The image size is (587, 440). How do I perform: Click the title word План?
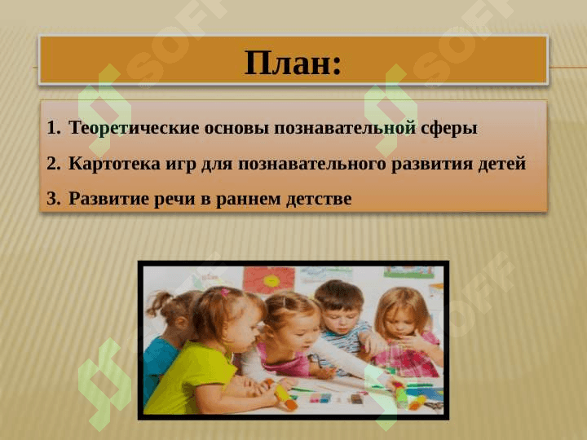click(293, 63)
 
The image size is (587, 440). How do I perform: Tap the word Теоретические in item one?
click(121, 128)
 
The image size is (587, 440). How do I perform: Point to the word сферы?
click(449, 128)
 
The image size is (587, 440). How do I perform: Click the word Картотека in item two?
click(111, 164)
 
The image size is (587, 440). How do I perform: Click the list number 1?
click(53, 128)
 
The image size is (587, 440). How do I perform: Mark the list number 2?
click(53, 164)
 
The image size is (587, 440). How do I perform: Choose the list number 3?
click(53, 199)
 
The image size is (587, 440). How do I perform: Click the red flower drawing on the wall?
click(269, 278)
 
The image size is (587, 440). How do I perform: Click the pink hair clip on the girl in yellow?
click(223, 292)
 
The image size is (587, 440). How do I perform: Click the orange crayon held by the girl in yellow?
click(285, 397)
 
